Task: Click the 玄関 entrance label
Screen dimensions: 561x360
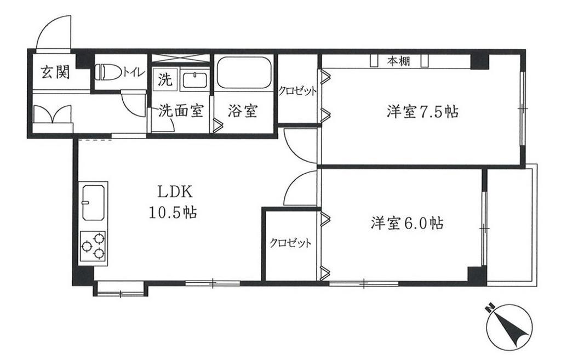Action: (x=55, y=73)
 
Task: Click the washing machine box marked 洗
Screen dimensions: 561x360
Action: (x=165, y=79)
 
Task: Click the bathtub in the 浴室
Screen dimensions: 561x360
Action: (x=244, y=72)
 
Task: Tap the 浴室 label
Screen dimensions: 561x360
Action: (x=243, y=111)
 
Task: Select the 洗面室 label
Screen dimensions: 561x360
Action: (x=181, y=111)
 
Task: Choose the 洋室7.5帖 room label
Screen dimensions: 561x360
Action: (x=422, y=111)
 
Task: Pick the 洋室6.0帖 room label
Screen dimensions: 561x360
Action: (x=407, y=224)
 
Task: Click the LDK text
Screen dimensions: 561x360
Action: (x=175, y=192)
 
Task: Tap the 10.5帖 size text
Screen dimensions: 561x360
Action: (x=173, y=213)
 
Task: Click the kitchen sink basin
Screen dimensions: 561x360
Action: (x=93, y=203)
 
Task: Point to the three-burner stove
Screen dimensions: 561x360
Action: (x=93, y=246)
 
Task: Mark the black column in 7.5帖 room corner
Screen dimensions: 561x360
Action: (x=479, y=61)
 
